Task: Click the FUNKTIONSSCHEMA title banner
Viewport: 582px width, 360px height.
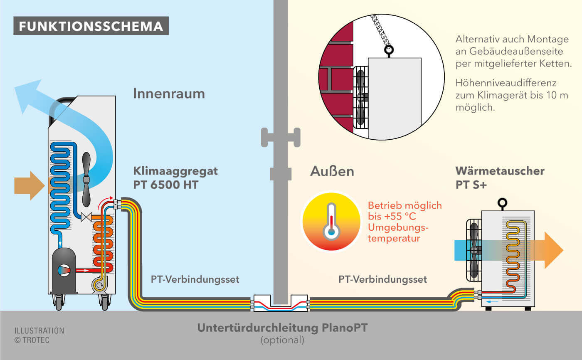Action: coord(91,26)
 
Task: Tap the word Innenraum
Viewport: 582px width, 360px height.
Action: coord(169,94)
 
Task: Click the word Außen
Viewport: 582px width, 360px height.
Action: coord(332,171)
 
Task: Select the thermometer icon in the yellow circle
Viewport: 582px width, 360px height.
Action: coord(331,221)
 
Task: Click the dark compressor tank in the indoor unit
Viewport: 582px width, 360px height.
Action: coord(64,269)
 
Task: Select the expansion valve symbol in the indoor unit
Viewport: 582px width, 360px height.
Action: coord(86,217)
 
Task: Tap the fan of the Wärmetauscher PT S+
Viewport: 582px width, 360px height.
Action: coord(474,250)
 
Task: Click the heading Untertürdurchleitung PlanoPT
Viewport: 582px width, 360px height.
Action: coord(282,328)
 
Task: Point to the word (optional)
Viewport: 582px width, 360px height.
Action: coord(282,340)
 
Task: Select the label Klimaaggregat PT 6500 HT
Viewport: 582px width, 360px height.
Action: coord(175,178)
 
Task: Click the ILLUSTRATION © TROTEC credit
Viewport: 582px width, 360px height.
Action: coord(39,335)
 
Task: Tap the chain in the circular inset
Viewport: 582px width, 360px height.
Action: coord(380,31)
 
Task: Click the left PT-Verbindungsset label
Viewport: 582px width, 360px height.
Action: coord(195,279)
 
